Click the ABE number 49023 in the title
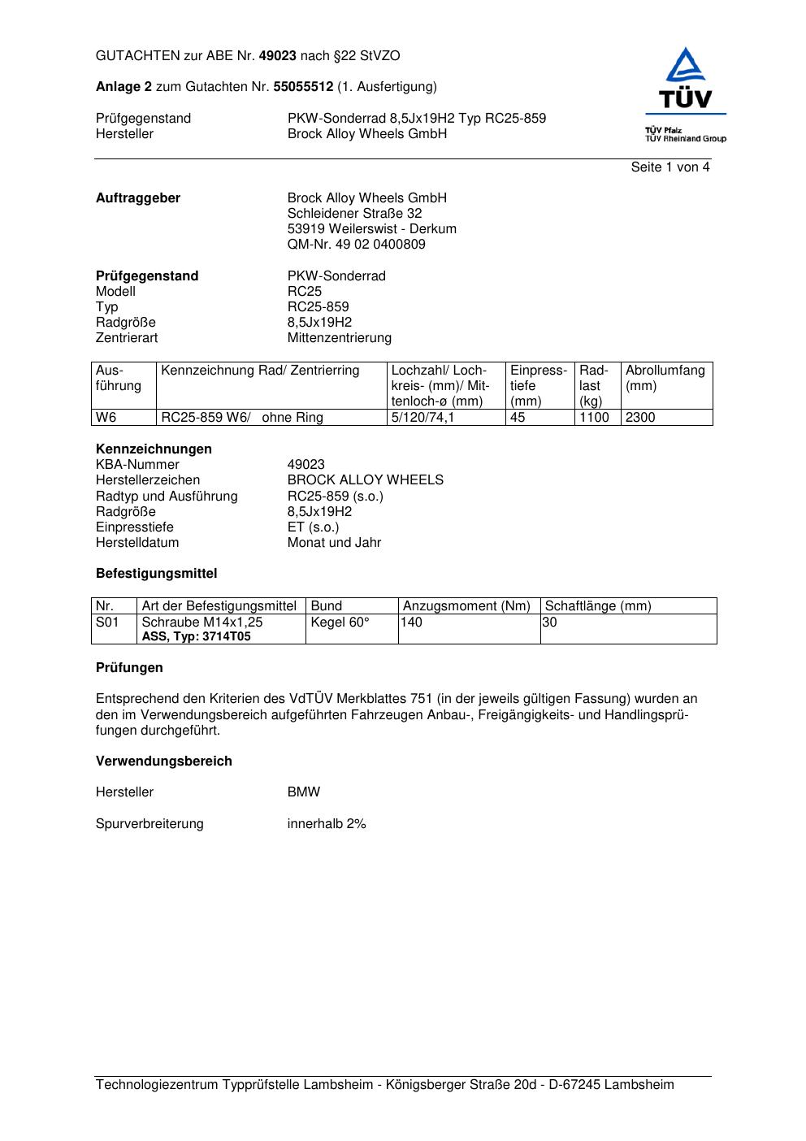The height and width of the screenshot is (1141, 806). click(x=278, y=56)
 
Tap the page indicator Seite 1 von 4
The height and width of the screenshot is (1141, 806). click(x=670, y=167)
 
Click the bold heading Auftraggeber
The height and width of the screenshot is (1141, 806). click(x=138, y=198)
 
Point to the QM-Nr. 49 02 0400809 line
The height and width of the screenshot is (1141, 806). click(x=356, y=245)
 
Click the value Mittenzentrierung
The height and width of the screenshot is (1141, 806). click(x=339, y=338)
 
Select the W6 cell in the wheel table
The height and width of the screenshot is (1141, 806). click(x=106, y=418)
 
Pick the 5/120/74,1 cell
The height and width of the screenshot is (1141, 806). click(x=422, y=418)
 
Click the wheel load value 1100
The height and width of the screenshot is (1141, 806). click(x=594, y=418)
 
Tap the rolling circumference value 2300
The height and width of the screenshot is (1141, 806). click(x=640, y=418)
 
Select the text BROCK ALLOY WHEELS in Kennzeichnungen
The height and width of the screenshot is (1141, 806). click(x=365, y=480)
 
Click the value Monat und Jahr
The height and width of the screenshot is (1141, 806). click(x=334, y=543)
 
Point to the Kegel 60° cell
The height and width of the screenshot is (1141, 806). click(x=340, y=623)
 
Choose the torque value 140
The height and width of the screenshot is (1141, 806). click(x=412, y=623)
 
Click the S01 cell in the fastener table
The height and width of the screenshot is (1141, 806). click(x=107, y=623)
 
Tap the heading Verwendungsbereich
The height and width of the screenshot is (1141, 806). click(x=164, y=761)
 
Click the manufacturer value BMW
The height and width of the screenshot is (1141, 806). click(x=304, y=792)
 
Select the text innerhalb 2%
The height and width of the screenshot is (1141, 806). click(x=327, y=824)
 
